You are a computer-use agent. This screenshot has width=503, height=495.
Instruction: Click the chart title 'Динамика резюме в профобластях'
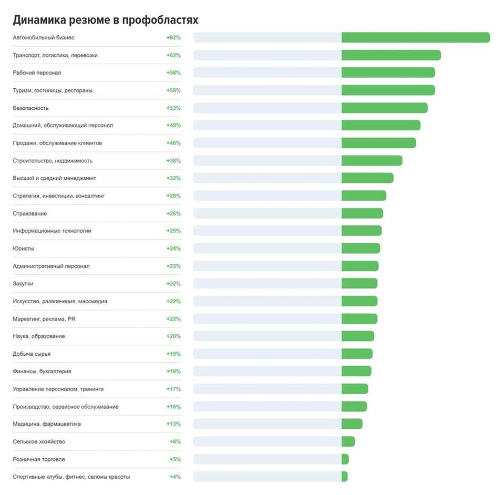(105, 20)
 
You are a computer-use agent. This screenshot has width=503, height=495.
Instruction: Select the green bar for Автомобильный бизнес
(415, 37)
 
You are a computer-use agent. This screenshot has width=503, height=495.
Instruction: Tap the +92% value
(173, 38)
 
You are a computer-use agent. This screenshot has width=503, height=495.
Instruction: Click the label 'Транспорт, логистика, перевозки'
(55, 55)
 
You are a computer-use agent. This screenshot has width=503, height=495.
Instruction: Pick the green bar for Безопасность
(384, 108)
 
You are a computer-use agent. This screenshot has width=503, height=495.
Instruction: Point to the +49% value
(173, 126)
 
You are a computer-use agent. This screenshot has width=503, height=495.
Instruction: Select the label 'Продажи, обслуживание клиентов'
(57, 143)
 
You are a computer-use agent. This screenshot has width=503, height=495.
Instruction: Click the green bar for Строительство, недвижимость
(372, 160)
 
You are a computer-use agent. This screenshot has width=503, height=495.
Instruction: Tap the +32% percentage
(173, 178)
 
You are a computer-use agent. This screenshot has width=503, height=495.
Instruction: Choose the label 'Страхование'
(30, 213)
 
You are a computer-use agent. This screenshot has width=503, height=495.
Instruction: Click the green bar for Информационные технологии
(362, 231)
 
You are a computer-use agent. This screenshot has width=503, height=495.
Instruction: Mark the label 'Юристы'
(24, 249)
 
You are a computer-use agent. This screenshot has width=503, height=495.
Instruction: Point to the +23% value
(173, 266)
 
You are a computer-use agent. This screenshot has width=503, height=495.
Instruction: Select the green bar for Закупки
(359, 283)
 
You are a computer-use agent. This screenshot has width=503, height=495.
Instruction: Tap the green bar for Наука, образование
(357, 336)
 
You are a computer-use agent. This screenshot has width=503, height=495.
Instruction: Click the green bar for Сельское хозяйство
(348, 441)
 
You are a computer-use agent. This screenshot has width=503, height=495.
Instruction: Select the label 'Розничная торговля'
(39, 459)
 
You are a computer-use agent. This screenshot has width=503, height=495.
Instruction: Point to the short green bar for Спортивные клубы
(344, 477)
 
